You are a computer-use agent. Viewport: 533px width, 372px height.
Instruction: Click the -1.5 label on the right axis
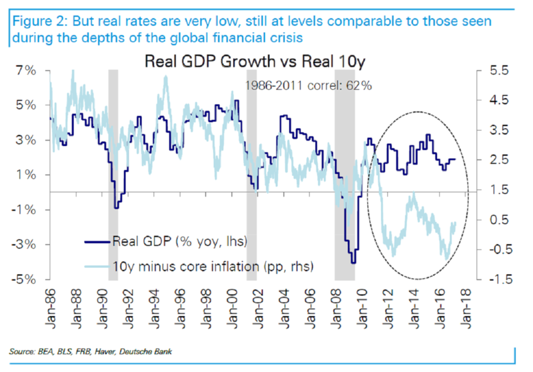[499, 279]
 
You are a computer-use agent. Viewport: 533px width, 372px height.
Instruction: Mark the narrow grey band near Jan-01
[252, 167]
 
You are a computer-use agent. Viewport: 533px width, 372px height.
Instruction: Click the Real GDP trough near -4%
[353, 262]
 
